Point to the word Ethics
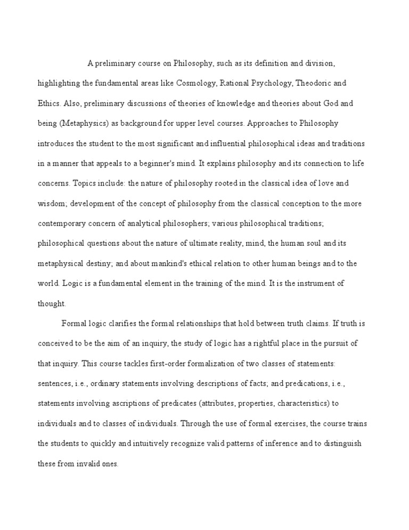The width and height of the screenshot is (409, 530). coord(48,104)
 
